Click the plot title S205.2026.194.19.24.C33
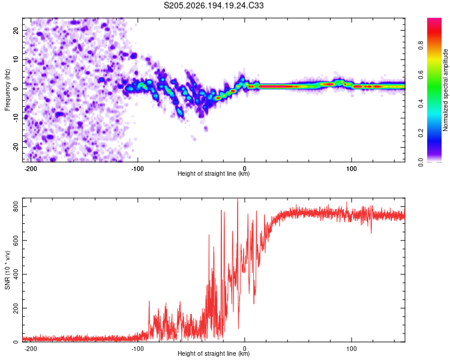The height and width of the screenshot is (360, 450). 214,5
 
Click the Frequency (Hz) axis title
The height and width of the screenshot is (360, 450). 7,89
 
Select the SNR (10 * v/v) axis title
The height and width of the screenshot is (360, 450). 7,270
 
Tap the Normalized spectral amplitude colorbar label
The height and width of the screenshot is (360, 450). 445,90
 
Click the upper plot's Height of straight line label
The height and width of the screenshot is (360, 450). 214,173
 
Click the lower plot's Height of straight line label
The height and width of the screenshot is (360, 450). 214,353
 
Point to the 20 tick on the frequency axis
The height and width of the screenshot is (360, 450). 16,31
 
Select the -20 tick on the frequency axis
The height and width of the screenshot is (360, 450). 16,147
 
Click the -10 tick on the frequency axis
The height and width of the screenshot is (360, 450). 16,118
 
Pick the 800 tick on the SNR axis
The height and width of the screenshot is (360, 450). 16,206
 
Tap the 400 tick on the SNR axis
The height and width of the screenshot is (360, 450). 16,274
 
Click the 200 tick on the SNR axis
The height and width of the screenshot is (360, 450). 16,308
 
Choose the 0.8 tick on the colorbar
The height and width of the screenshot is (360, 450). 421,46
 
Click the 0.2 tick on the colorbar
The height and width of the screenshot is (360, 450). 421,133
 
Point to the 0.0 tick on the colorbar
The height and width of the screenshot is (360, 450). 421,162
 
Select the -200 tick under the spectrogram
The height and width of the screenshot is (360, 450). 31,169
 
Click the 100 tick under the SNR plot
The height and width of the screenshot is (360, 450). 351,349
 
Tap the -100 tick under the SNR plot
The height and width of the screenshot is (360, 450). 137,349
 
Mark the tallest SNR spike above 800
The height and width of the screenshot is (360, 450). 238,199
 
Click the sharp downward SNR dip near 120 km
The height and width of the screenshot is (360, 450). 371,233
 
